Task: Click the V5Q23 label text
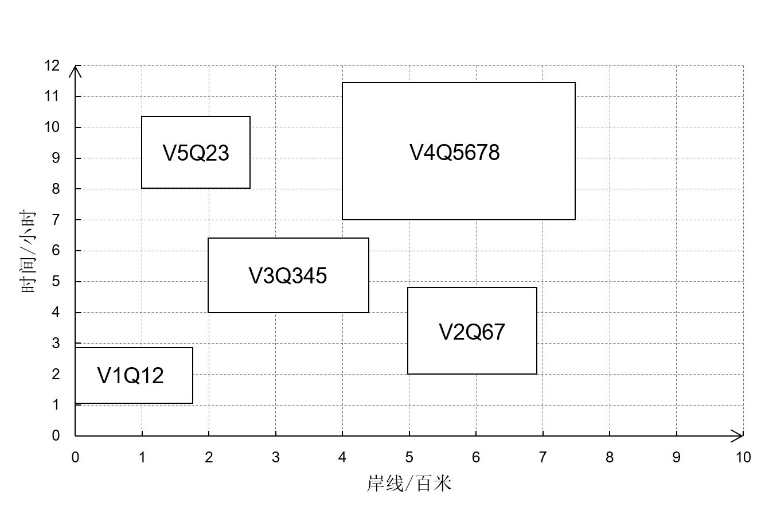point(196,153)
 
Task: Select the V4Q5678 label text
point(455,153)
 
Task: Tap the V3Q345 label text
point(288,276)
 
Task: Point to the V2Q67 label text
point(472,332)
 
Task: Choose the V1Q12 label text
point(131,376)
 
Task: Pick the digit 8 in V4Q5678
point(493,153)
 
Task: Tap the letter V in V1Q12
point(103,376)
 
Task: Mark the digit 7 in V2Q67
point(499,332)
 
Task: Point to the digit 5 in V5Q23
point(183,153)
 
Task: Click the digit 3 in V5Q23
point(223,153)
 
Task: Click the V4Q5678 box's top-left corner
point(343,83)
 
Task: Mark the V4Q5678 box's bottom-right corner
point(574,219)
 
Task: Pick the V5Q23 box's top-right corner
point(249,118)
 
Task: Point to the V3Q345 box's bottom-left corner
point(209,312)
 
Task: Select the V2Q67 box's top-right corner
point(536,289)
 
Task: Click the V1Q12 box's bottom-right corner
point(192,402)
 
